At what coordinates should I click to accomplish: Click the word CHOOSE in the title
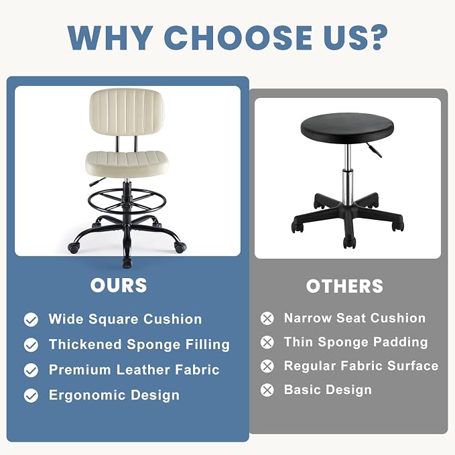point(238,38)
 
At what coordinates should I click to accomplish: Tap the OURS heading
point(119,285)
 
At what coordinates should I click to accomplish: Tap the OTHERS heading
point(344,286)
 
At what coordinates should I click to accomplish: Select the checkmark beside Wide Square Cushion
point(31,320)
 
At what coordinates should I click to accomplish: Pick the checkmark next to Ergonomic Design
point(31,395)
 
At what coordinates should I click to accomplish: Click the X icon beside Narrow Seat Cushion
point(267,318)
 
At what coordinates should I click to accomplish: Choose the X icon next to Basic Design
point(267,390)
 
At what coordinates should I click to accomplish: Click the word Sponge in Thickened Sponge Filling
point(153,345)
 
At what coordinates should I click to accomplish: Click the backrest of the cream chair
point(126,112)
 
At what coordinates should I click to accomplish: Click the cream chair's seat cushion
point(127,164)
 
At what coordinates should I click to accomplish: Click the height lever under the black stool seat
point(373,149)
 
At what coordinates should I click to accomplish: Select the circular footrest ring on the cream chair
point(127,201)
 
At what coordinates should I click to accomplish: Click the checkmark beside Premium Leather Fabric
point(31,371)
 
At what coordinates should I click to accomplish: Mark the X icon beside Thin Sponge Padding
point(267,342)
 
